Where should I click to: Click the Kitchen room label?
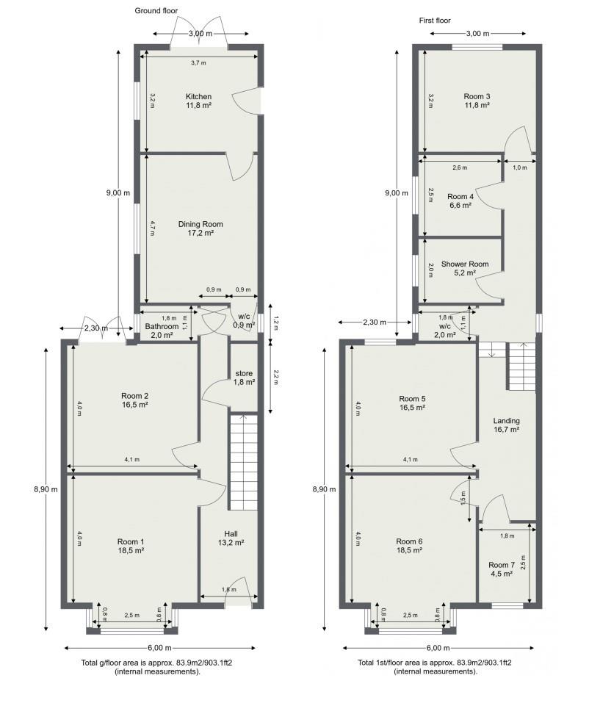pyautogui.click(x=198, y=97)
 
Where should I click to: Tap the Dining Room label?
pyautogui.click(x=200, y=224)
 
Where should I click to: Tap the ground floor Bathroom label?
pyautogui.click(x=161, y=326)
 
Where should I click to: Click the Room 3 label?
pyautogui.click(x=477, y=97)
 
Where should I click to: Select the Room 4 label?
pyautogui.click(x=460, y=197)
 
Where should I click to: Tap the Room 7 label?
pyautogui.click(x=502, y=565)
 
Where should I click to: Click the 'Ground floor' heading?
pyautogui.click(x=156, y=10)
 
